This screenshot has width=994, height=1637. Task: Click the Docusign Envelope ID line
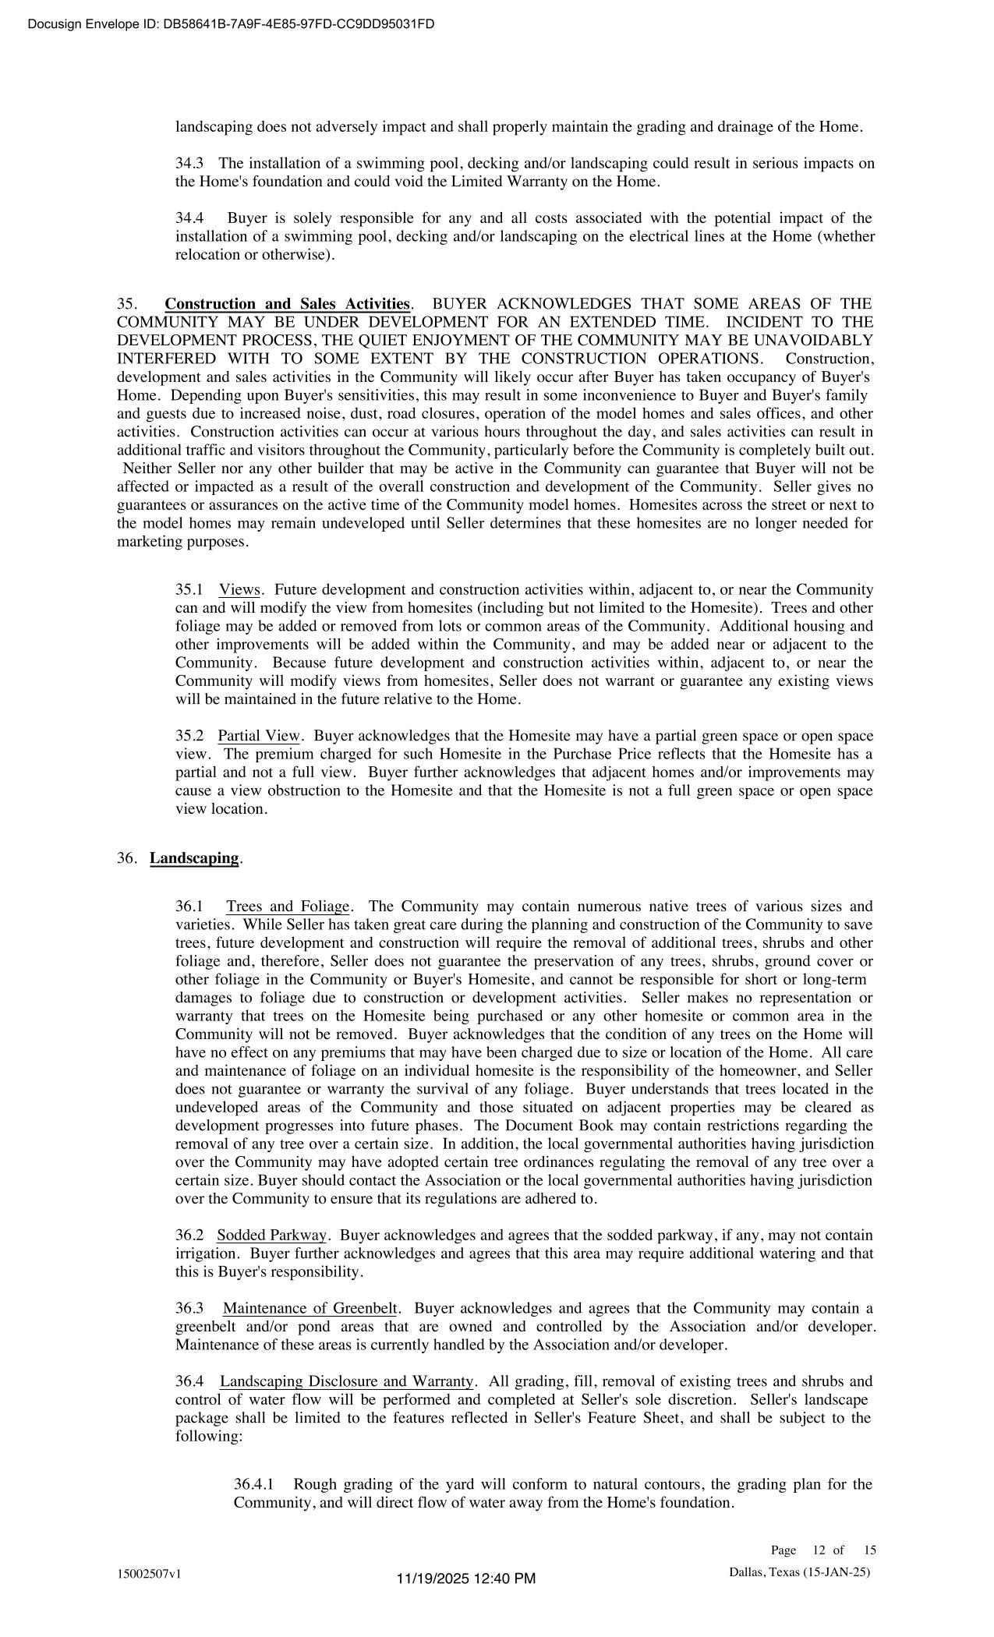(231, 24)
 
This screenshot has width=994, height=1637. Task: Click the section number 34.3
(189, 164)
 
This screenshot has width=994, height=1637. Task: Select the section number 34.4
(189, 218)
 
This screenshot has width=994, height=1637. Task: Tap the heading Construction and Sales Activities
(287, 304)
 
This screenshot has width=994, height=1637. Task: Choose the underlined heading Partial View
(259, 737)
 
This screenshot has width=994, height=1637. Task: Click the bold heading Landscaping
(194, 858)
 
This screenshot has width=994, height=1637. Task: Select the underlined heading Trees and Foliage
(288, 907)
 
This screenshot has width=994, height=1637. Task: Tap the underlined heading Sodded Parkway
(272, 1236)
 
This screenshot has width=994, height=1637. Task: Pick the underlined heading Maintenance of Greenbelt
(310, 1309)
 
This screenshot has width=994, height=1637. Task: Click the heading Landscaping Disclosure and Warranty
(346, 1382)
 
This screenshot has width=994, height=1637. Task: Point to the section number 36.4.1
(253, 1484)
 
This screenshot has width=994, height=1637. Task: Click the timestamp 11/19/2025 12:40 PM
(466, 1579)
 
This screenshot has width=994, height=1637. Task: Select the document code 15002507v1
(149, 1573)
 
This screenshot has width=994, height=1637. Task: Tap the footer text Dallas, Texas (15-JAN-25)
(799, 1572)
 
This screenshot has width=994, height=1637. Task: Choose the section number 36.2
(189, 1236)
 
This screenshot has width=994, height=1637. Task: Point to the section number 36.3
(189, 1309)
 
